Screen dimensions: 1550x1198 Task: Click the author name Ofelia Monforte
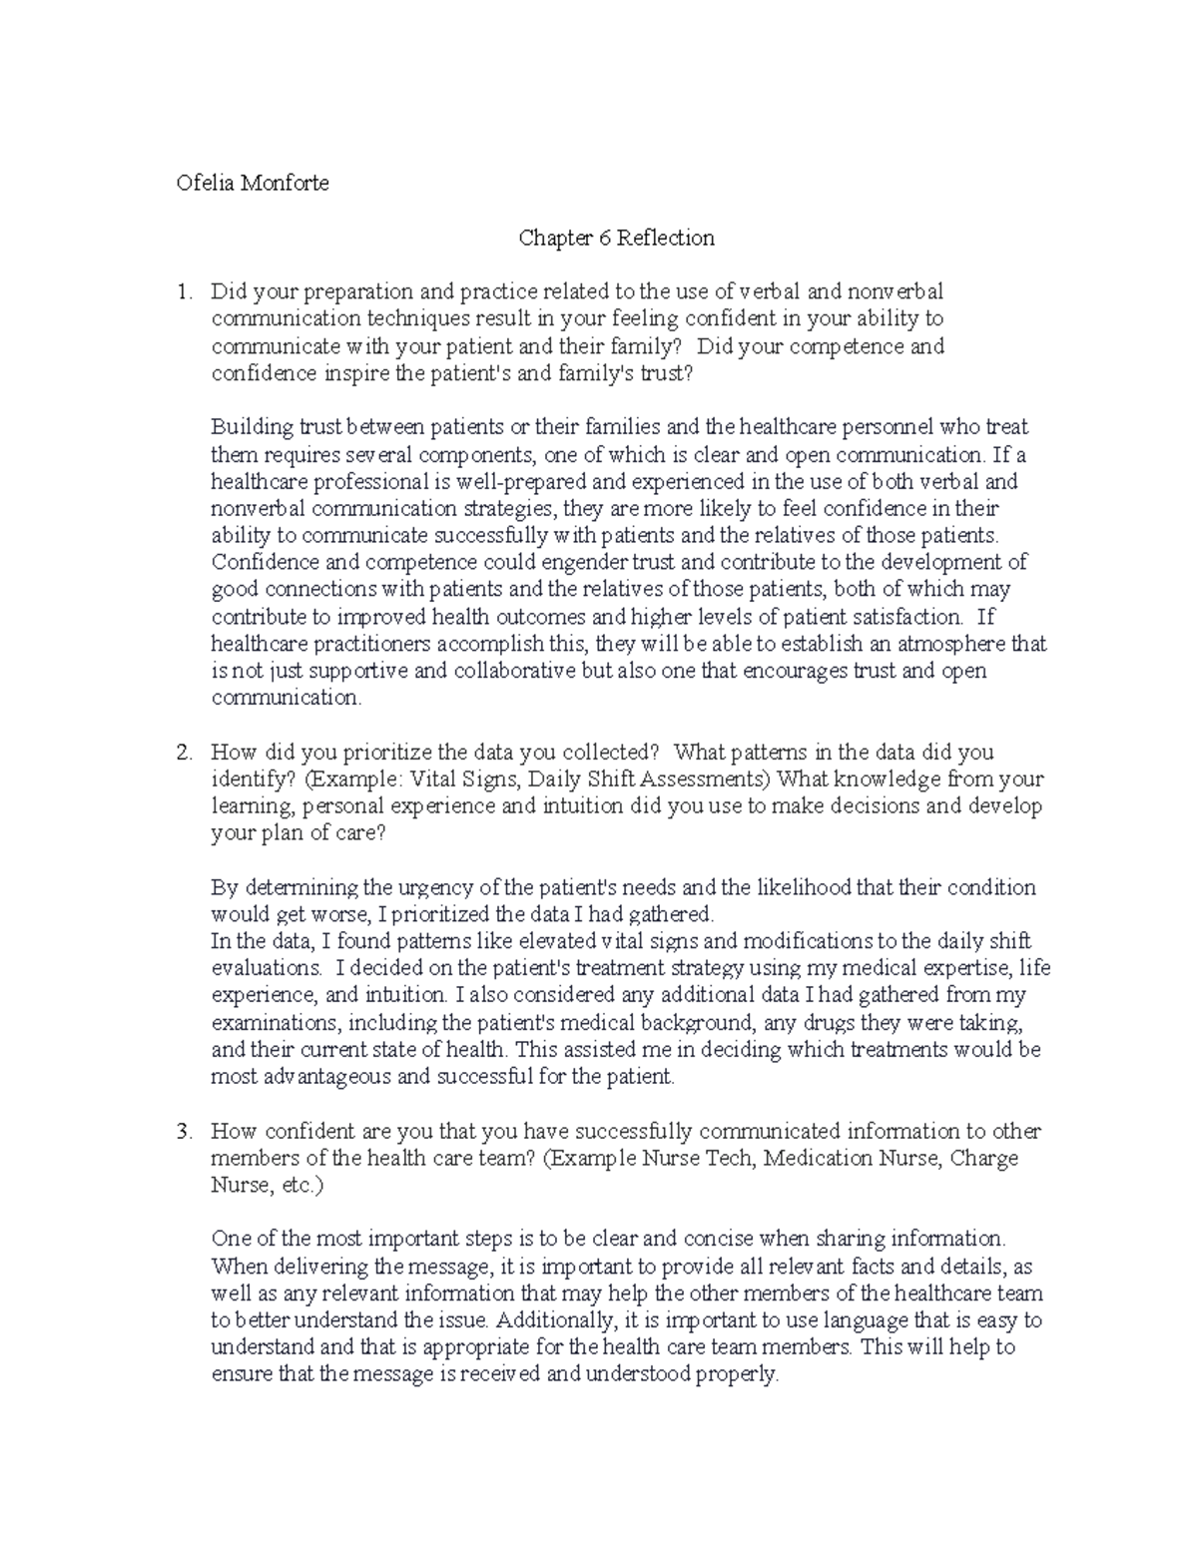pyautogui.click(x=252, y=184)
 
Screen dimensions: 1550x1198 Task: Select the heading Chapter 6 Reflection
pyautogui.click(x=616, y=238)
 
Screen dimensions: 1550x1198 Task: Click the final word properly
pyautogui.click(x=740, y=1374)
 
